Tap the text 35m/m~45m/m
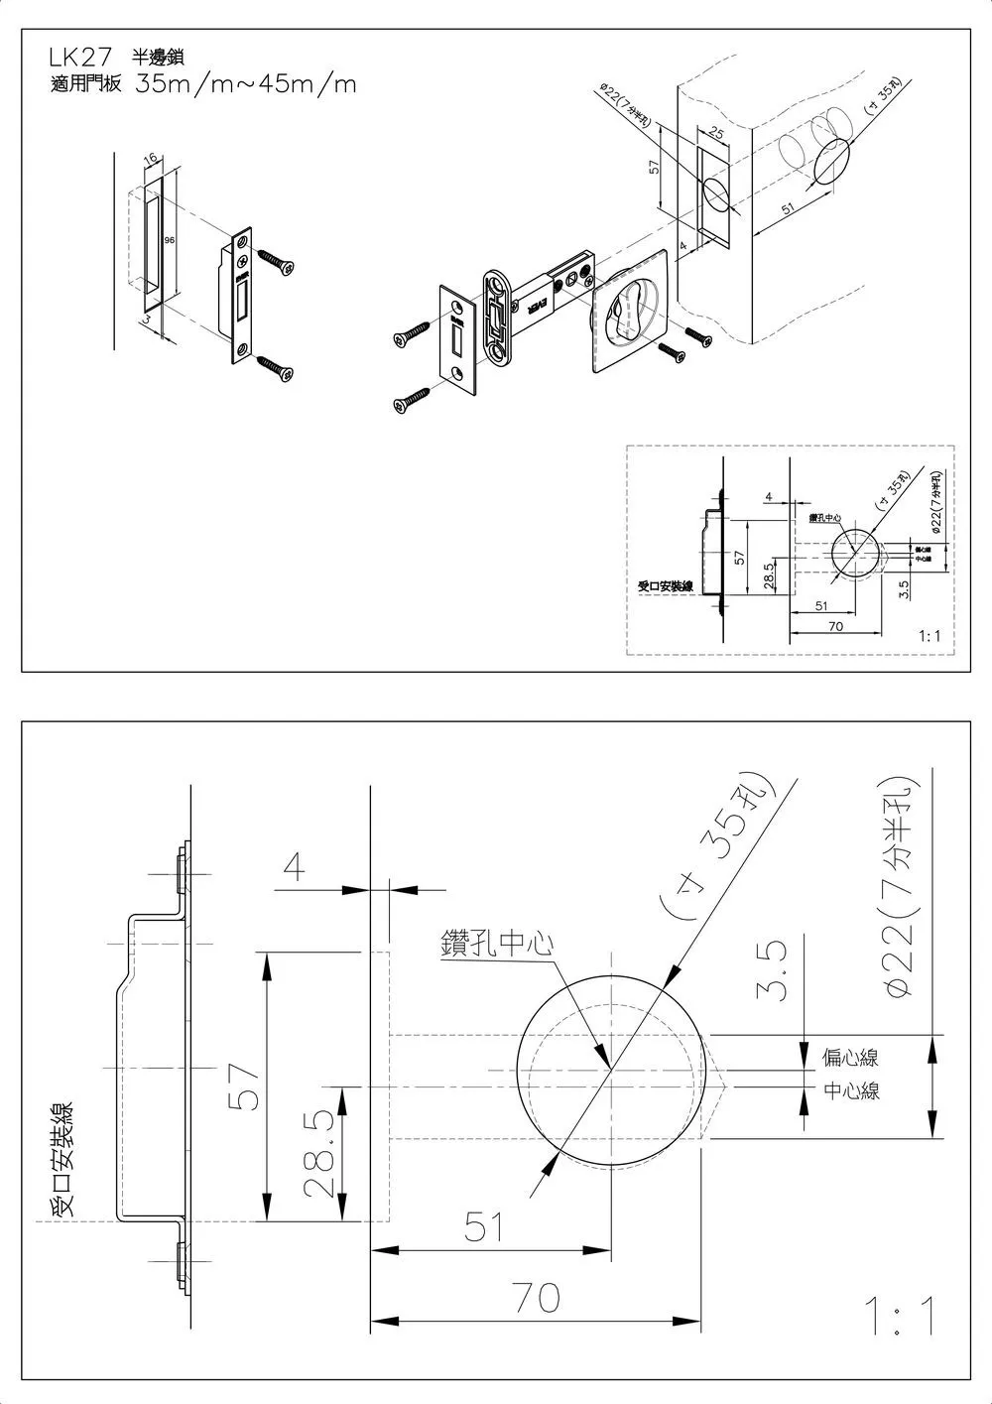click(246, 84)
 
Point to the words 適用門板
click(84, 84)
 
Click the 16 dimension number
click(150, 159)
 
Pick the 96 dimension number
click(170, 241)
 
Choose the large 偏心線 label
click(851, 1058)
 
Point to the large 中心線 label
click(851, 1091)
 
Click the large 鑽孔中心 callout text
click(496, 944)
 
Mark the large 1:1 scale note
click(899, 1317)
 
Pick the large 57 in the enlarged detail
click(246, 1083)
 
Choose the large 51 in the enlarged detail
click(485, 1228)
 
